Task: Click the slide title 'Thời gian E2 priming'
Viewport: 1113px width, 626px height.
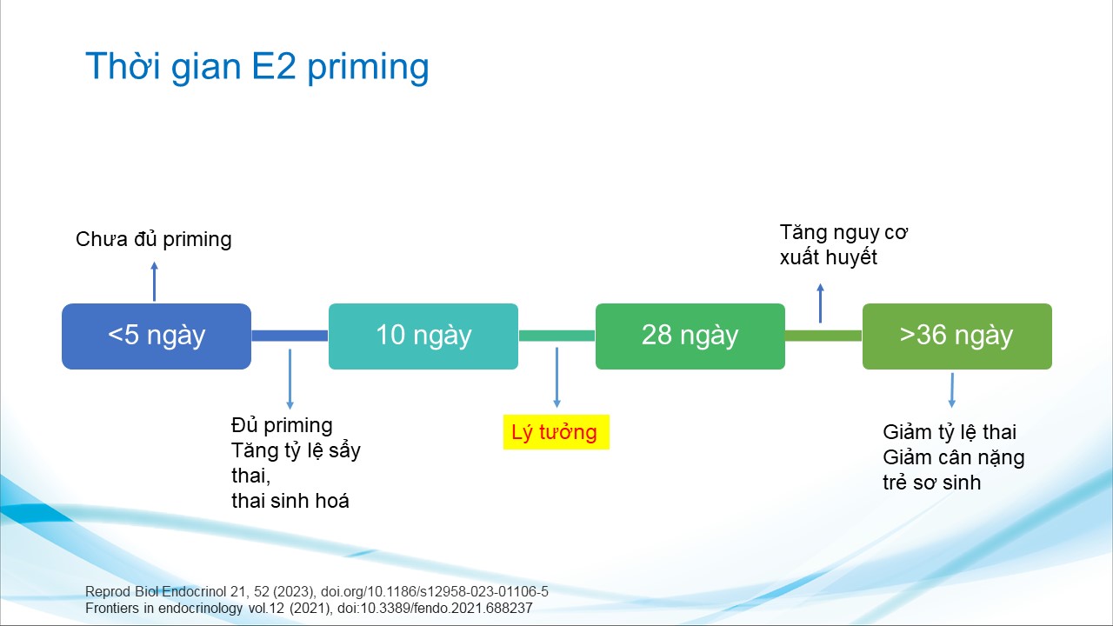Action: [257, 67]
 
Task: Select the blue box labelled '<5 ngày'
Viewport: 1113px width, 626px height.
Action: [157, 336]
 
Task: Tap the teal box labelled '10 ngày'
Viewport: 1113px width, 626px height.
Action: [423, 336]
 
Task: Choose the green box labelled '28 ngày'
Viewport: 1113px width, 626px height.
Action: [690, 336]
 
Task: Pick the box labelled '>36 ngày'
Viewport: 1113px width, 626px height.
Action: [957, 336]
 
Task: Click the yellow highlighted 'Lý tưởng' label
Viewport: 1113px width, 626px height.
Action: [556, 432]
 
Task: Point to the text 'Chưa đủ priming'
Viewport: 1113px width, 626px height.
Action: [154, 239]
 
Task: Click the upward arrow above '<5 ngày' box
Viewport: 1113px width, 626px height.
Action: [155, 281]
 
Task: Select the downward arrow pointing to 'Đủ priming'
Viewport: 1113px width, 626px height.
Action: [290, 379]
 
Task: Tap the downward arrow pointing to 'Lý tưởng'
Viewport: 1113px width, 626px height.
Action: [557, 377]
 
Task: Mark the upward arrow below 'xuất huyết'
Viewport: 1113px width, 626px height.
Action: [820, 303]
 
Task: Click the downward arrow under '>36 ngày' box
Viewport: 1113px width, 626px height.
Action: [952, 390]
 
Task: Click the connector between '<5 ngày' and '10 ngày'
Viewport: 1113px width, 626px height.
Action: [290, 336]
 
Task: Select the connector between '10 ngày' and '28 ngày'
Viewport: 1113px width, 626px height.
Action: [557, 336]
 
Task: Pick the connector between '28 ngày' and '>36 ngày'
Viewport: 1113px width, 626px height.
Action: [823, 336]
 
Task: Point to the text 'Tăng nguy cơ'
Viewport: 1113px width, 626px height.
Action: [843, 232]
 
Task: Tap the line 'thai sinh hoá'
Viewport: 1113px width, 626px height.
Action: [290, 501]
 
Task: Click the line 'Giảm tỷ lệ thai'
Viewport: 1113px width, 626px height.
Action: [950, 432]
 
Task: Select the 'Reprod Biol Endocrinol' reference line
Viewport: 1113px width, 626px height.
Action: [317, 592]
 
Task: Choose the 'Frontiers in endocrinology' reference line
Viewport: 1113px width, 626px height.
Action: [309, 608]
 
